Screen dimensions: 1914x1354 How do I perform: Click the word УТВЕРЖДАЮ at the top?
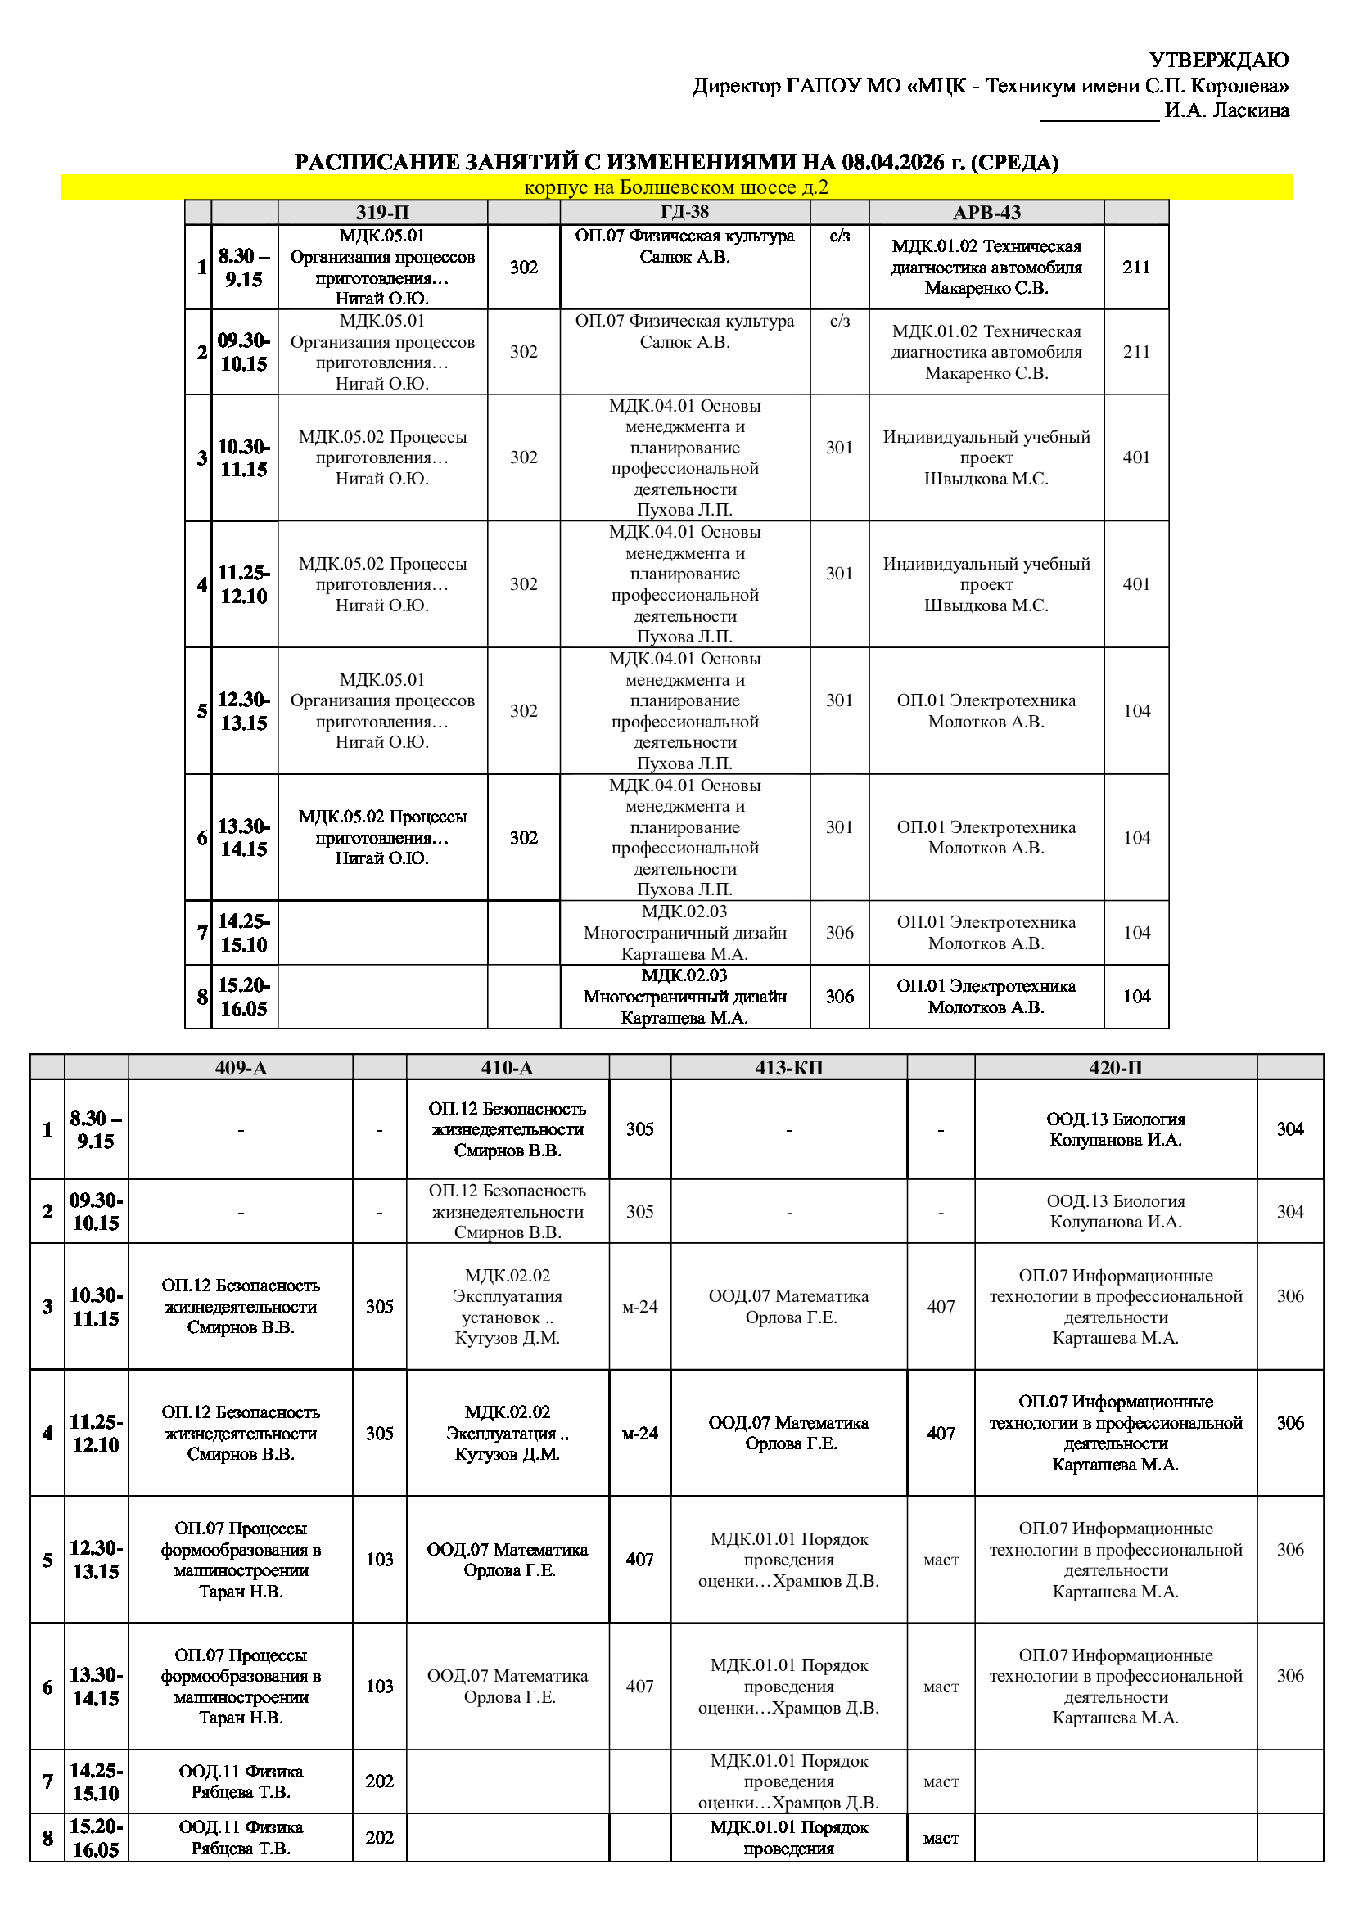pos(1218,60)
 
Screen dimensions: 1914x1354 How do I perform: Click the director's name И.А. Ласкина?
pos(1225,110)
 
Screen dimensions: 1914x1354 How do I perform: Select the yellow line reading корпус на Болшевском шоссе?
pos(676,187)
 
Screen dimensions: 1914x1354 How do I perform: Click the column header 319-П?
pos(381,213)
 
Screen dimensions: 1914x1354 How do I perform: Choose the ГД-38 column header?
pos(684,213)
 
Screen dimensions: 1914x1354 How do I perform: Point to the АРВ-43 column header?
pos(986,213)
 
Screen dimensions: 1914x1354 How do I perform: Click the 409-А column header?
pos(241,1067)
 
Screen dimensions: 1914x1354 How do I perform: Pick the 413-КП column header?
pos(788,1067)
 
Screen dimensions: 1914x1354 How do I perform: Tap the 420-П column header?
pos(1116,1067)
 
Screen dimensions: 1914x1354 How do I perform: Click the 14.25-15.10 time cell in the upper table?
pos(243,933)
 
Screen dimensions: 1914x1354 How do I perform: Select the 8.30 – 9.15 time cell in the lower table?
pos(96,1129)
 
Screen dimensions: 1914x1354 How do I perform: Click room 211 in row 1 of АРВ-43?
pos(1136,268)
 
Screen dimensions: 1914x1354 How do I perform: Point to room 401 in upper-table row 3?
pos(1136,457)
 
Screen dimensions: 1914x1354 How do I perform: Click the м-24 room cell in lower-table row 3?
pos(639,1307)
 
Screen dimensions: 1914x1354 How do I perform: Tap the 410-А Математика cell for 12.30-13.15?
pos(508,1560)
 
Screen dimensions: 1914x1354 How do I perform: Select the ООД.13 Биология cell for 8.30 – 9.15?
pos(1116,1129)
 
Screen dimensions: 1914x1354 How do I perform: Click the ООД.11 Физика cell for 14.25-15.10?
pos(241,1781)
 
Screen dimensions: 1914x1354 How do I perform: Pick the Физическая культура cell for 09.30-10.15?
pos(684,331)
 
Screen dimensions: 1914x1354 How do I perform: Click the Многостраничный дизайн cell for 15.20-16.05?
pos(684,996)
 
